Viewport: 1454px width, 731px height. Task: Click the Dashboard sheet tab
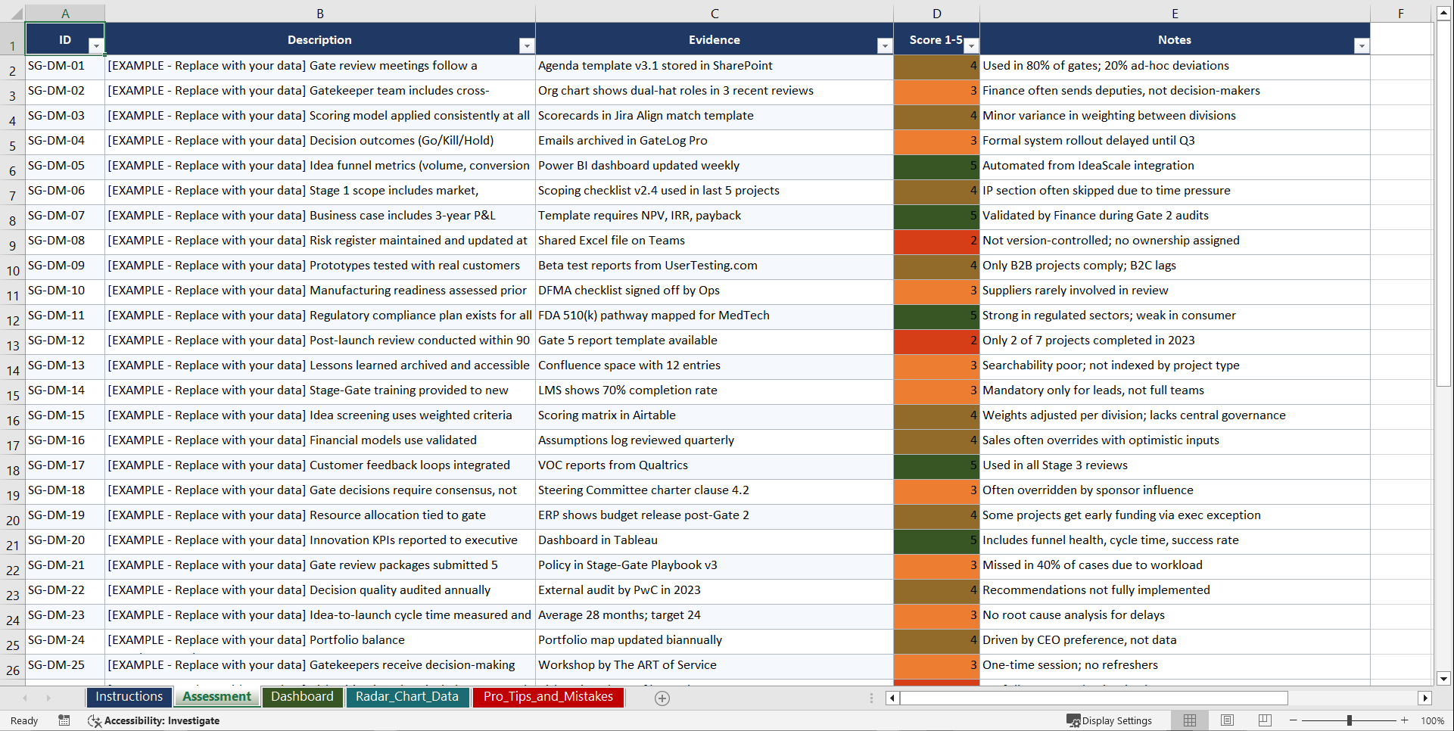click(x=302, y=697)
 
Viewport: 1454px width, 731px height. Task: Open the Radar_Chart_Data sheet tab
click(x=407, y=697)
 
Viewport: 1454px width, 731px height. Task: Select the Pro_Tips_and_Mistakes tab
click(x=548, y=697)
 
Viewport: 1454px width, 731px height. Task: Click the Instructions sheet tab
click(x=129, y=697)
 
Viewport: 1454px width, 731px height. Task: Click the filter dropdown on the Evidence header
click(x=884, y=46)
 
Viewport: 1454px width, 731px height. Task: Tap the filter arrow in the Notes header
click(x=1361, y=46)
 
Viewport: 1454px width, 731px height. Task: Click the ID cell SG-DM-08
click(x=57, y=241)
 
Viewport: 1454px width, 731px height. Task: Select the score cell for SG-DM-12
click(x=936, y=341)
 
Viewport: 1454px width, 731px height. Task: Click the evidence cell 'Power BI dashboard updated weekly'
click(x=639, y=166)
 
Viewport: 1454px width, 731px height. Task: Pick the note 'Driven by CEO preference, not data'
click(x=1079, y=640)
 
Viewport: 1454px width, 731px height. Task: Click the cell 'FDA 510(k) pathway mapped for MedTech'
click(x=654, y=316)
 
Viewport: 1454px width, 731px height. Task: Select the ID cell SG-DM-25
click(x=57, y=665)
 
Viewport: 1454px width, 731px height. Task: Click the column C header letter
click(x=715, y=14)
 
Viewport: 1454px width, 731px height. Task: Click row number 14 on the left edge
click(x=13, y=371)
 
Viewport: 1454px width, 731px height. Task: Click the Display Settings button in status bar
click(x=1110, y=720)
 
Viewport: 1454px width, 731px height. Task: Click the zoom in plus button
click(x=1405, y=720)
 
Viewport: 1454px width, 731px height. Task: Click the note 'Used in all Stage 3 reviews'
click(x=1055, y=465)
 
